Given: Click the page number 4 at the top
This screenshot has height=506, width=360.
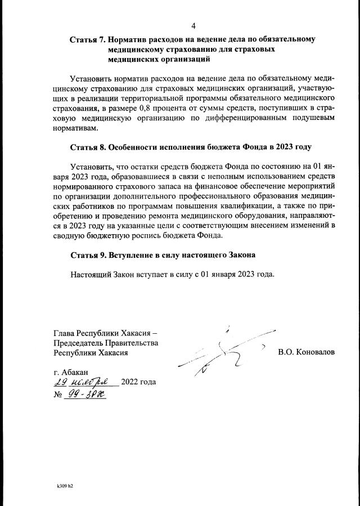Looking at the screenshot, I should click(x=193, y=26).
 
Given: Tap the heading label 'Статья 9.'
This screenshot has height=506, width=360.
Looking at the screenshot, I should click(x=87, y=255).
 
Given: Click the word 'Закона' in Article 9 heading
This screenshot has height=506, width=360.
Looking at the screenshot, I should click(x=240, y=255).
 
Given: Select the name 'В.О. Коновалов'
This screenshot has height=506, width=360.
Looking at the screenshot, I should click(x=306, y=352).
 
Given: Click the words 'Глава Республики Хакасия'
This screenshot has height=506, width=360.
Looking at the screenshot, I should click(x=103, y=332).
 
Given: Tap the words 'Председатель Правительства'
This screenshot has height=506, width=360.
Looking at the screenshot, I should click(x=105, y=342).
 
